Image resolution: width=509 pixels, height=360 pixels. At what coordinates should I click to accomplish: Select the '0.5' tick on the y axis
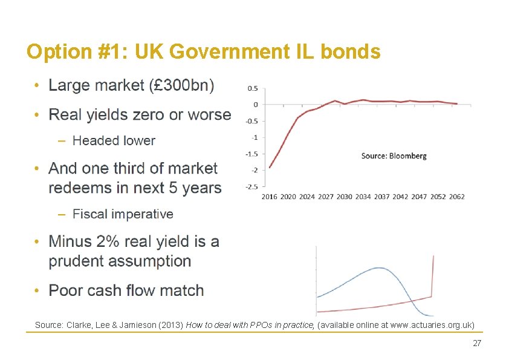coord(252,88)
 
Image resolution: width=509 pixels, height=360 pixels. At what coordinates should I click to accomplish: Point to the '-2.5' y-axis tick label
coord(251,186)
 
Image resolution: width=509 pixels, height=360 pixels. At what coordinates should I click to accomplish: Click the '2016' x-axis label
coord(270,197)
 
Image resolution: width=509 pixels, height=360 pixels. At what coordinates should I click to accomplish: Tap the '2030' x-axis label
coord(345,197)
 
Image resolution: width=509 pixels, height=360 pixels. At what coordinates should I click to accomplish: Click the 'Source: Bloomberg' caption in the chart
coord(394,155)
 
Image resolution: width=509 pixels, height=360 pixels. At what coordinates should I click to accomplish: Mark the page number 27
coord(476,343)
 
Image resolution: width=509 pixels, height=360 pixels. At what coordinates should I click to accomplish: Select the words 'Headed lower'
coord(114,141)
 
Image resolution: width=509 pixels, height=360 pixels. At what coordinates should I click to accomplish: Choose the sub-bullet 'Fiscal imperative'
coord(123,214)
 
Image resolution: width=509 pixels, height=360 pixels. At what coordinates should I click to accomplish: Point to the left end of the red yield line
coord(270,168)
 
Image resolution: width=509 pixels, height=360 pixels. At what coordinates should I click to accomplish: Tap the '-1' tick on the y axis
coord(254,137)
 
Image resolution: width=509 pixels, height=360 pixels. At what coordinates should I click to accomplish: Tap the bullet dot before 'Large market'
coord(37,86)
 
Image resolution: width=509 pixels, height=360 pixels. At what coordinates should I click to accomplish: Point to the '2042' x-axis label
coord(401,197)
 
